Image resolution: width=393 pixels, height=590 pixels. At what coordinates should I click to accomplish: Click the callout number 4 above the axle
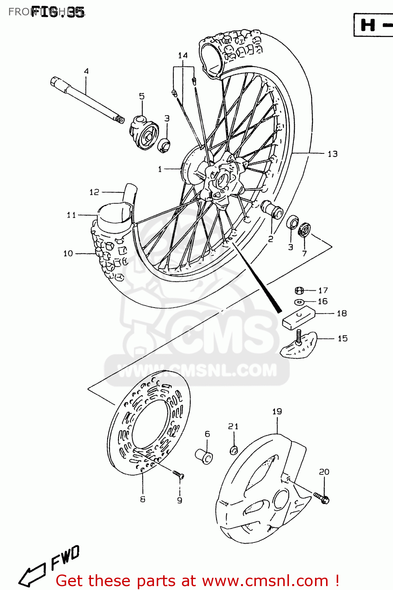(86, 71)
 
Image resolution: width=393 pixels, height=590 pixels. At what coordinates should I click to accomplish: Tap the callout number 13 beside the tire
(332, 154)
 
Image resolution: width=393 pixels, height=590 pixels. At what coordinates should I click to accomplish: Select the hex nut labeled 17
(299, 291)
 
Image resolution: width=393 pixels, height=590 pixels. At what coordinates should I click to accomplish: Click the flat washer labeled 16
(299, 302)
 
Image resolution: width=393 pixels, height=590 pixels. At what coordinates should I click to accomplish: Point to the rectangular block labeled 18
(299, 318)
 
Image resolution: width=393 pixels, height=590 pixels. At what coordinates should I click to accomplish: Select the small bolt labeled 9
(178, 475)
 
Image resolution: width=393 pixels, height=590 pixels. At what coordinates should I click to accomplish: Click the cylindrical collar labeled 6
(204, 456)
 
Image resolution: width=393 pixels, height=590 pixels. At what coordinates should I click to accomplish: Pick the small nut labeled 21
(234, 449)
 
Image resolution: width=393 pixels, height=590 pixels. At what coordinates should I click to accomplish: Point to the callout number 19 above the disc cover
(277, 411)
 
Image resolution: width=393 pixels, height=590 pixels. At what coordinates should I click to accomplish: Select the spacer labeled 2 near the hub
(273, 209)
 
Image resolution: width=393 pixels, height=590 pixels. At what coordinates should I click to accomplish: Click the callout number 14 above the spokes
(183, 55)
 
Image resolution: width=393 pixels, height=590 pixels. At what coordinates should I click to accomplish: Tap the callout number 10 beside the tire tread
(68, 254)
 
